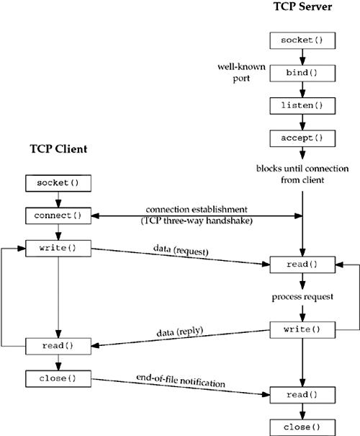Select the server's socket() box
click(302, 40)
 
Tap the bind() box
click(302, 74)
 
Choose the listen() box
click(302, 106)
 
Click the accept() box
click(302, 138)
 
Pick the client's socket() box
click(57, 183)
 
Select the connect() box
click(57, 215)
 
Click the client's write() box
click(57, 247)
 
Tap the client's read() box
click(57, 346)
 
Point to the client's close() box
click(57, 378)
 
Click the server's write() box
click(302, 329)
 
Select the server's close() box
click(302, 426)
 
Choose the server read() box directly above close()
click(302, 394)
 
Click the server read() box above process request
click(302, 264)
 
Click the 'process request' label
click(302, 298)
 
